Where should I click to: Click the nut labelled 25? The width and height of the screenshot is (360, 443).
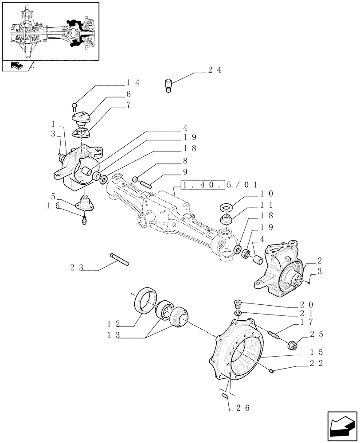tap(293, 345)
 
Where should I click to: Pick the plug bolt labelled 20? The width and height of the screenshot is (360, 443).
tap(238, 303)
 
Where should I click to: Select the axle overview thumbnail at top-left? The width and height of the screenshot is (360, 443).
tap(50, 31)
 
